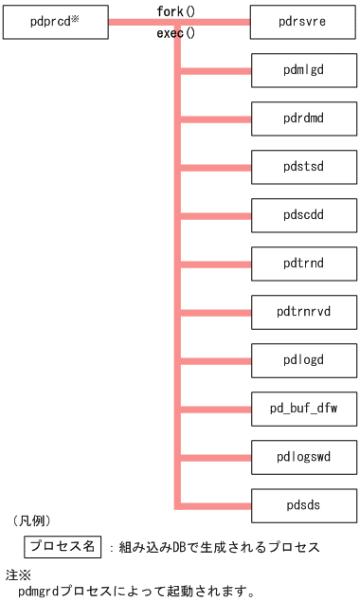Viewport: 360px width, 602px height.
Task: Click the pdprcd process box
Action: point(55,20)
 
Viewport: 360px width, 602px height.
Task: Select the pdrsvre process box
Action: point(303,20)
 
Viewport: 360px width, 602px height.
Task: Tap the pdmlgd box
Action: point(303,69)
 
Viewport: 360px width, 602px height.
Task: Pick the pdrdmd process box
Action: point(303,119)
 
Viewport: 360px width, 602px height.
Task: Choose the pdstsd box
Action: point(303,168)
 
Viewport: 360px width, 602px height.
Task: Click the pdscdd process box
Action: point(303,216)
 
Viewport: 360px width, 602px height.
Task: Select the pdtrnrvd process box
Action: point(303,311)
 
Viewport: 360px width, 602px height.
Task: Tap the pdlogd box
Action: point(303,360)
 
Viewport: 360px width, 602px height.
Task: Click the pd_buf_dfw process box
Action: point(303,410)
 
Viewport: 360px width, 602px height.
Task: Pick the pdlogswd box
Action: point(303,458)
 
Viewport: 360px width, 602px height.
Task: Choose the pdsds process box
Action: point(303,505)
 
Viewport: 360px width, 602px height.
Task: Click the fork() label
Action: point(175,11)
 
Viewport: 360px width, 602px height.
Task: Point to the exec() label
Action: point(175,33)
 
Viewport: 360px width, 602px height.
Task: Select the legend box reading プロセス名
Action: point(63,546)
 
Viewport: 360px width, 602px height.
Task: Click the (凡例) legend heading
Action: point(31,520)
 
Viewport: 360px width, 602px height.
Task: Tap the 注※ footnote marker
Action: point(18,575)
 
